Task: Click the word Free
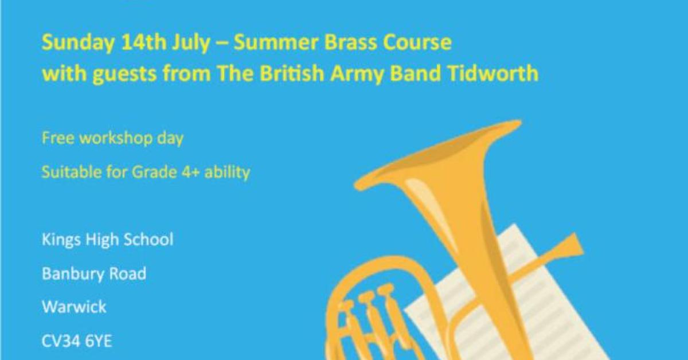coord(58,138)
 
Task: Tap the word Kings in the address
coord(61,240)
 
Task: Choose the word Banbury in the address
coord(72,274)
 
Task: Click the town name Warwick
coord(74,306)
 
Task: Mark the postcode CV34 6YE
coord(76,341)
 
